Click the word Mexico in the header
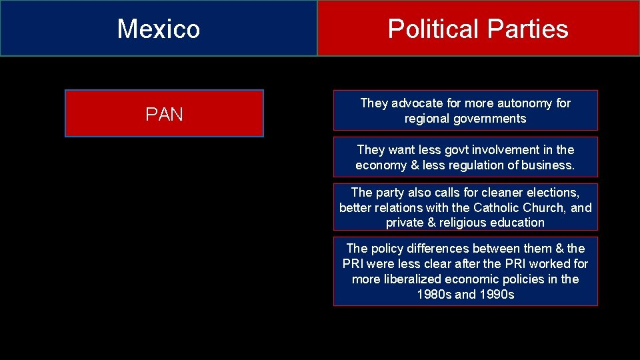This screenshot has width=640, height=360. point(159,29)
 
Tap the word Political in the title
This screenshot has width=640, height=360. point(433,29)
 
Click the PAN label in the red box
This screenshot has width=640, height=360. point(164,114)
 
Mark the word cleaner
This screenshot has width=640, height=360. point(509,193)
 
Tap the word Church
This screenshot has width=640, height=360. point(545,207)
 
